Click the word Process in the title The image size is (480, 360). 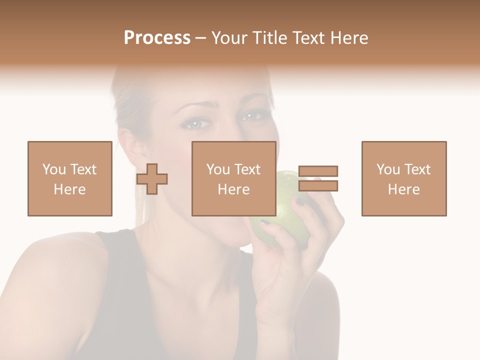click(x=157, y=38)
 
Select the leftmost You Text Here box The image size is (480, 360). click(x=69, y=178)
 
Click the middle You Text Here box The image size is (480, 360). click(x=233, y=178)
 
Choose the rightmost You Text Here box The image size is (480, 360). click(x=403, y=178)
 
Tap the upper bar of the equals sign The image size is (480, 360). click(x=318, y=171)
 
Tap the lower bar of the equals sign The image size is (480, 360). click(x=318, y=186)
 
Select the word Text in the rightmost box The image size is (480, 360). click(x=417, y=169)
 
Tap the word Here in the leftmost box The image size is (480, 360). click(x=69, y=189)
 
